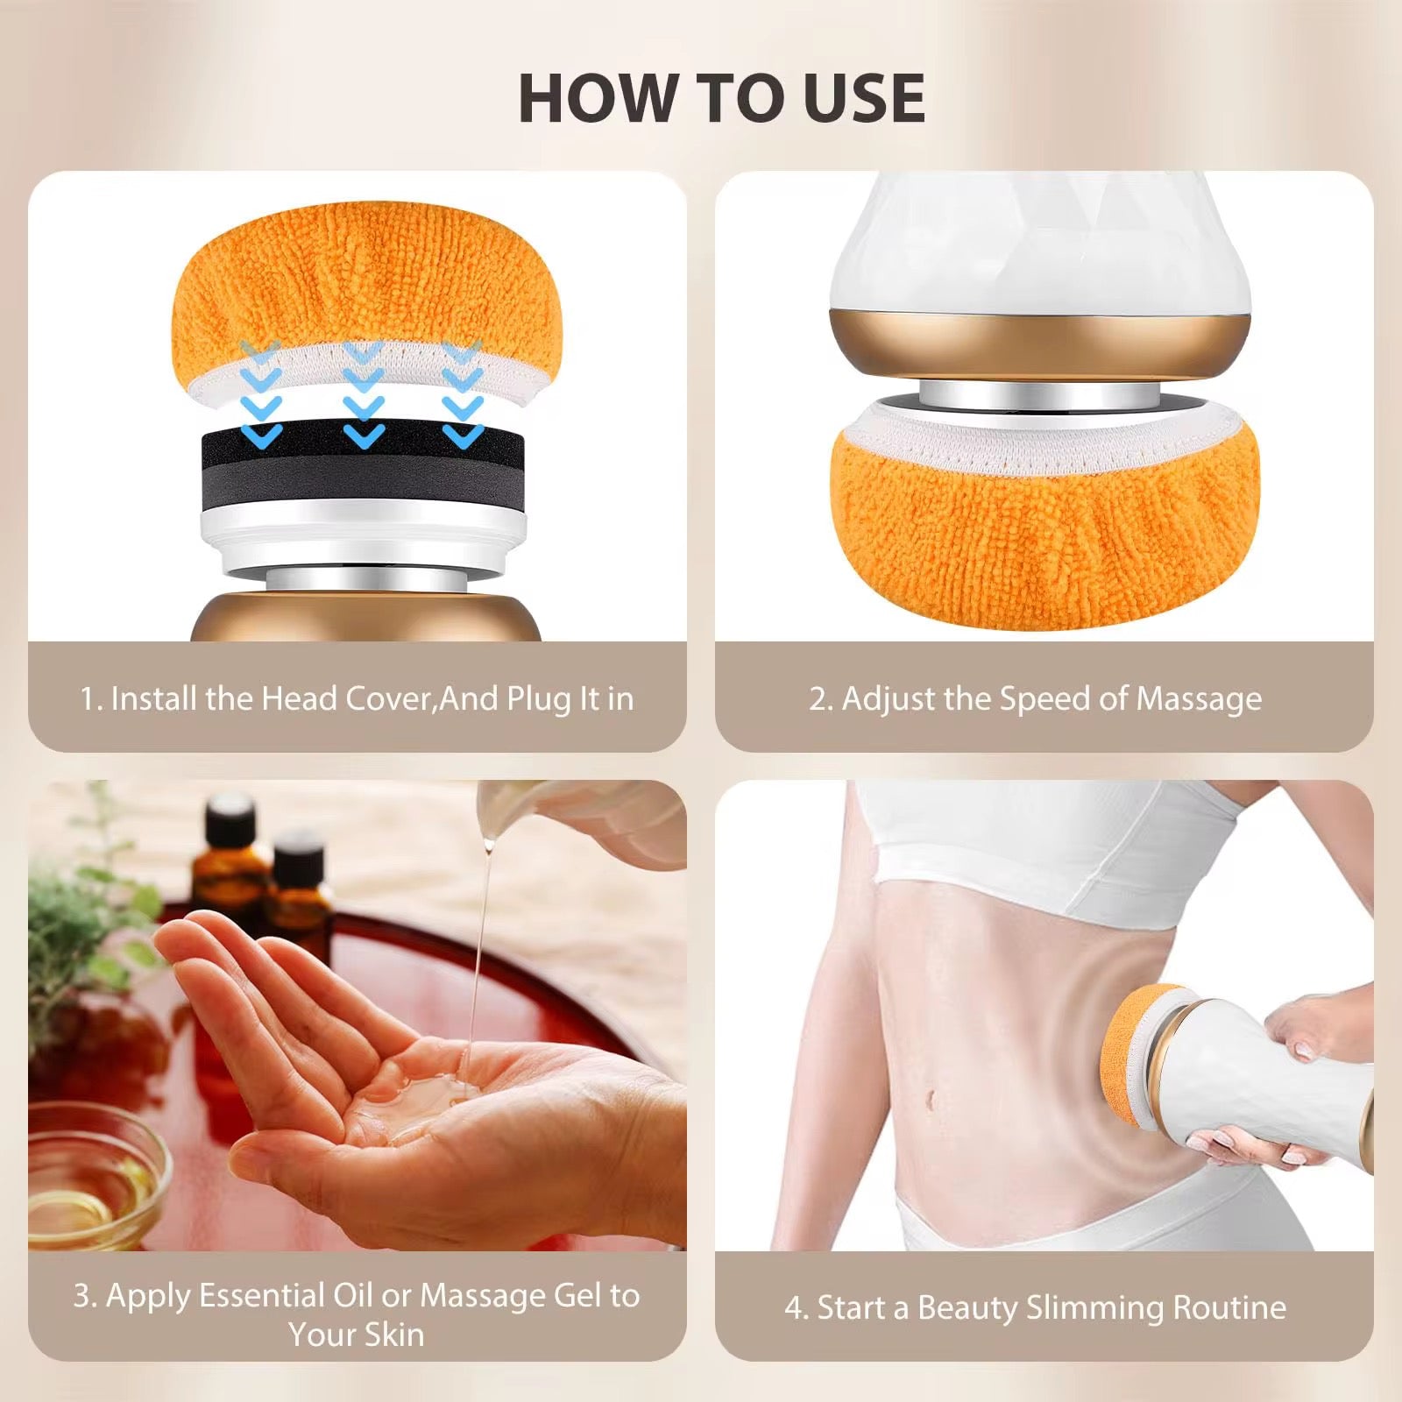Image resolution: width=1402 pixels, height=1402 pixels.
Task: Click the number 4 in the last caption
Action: pos(794,1308)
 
